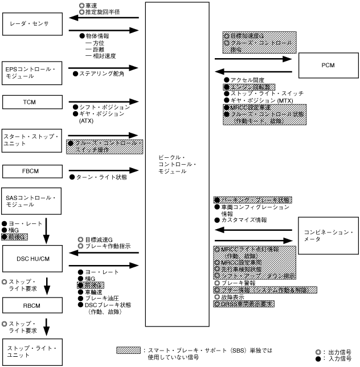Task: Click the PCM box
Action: pyautogui.click(x=328, y=66)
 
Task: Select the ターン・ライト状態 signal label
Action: pyautogui.click(x=101, y=178)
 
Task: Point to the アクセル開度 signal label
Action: pyautogui.click(x=247, y=80)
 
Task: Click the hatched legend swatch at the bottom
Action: pyautogui.click(x=128, y=350)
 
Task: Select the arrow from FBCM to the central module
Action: pyautogui.click(x=104, y=170)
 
